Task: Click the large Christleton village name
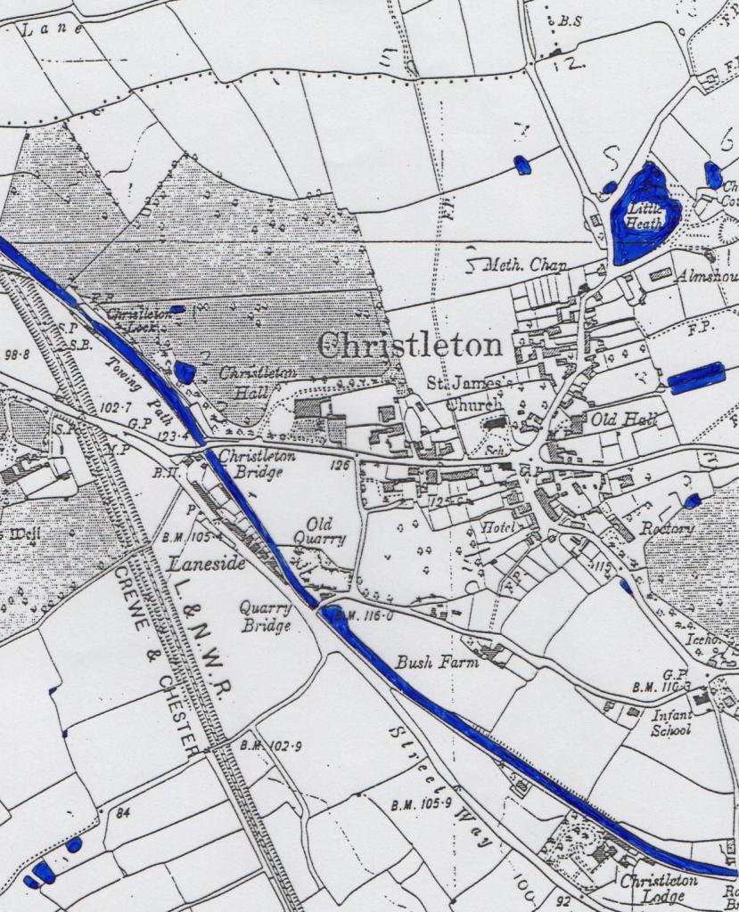pos(410,345)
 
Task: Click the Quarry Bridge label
pos(266,616)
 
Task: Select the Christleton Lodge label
pos(660,887)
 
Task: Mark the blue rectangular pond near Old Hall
pos(696,378)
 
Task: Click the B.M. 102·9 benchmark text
pos(273,745)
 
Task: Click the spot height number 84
pos(122,812)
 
